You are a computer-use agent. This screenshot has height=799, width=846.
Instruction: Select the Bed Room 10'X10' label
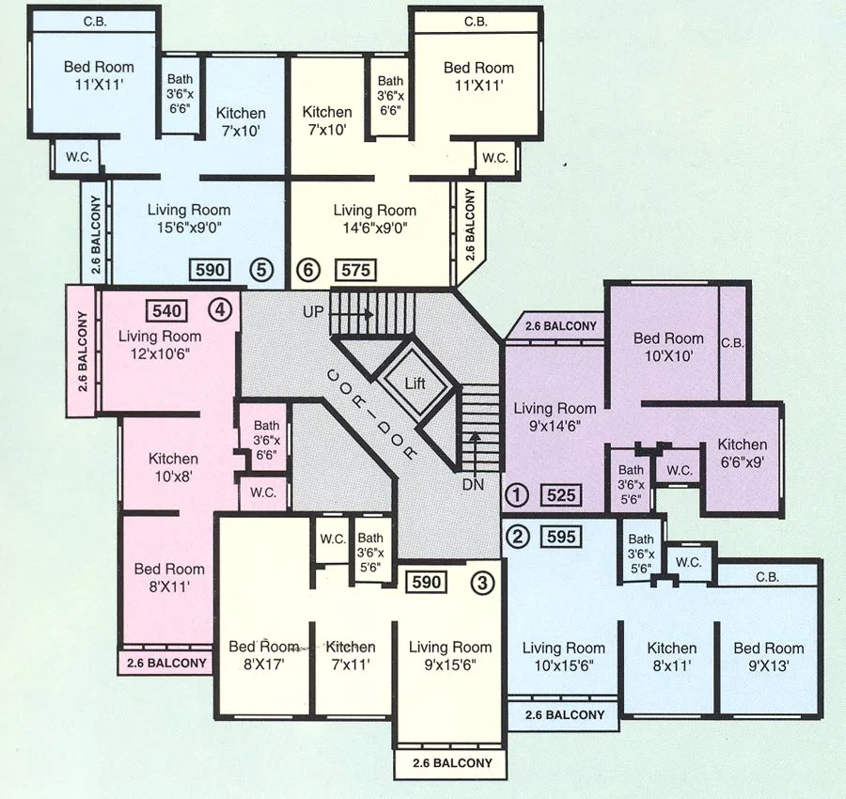click(668, 347)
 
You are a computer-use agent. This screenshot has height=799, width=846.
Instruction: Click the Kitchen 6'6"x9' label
click(743, 453)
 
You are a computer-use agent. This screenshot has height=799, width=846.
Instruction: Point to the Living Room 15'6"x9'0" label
click(189, 218)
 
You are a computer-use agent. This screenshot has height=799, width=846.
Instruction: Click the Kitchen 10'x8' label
click(173, 468)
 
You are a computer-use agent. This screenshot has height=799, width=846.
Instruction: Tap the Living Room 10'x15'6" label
click(563, 656)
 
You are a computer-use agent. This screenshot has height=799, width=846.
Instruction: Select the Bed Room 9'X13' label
click(768, 656)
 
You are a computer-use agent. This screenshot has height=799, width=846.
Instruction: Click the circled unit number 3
click(481, 582)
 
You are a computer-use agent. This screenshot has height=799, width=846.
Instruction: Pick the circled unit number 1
click(514, 494)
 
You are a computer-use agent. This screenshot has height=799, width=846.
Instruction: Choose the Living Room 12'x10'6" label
click(160, 344)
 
